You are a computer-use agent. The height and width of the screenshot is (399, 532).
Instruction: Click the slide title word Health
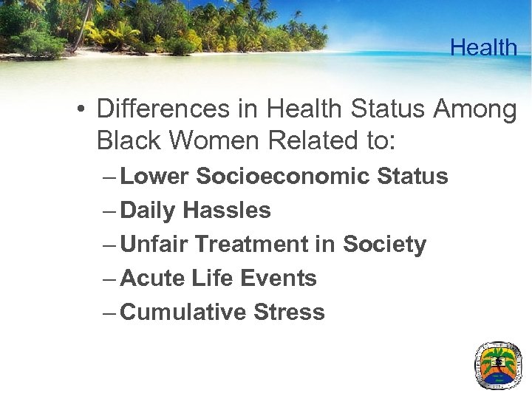[483, 48]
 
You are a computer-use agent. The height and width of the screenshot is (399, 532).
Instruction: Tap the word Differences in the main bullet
[163, 109]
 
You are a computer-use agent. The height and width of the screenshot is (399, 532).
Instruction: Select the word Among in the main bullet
[475, 109]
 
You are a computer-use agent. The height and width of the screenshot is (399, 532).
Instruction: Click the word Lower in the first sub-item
[155, 177]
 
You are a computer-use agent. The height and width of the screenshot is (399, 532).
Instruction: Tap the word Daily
[148, 211]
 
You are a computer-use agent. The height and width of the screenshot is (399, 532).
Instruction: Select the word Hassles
[227, 211]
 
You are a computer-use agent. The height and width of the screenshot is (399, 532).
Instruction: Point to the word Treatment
[253, 245]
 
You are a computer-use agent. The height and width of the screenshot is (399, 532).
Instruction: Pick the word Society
[384, 245]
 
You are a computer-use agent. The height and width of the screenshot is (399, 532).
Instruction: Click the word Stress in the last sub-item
[289, 313]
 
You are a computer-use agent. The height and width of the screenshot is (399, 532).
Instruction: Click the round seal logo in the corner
[497, 365]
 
